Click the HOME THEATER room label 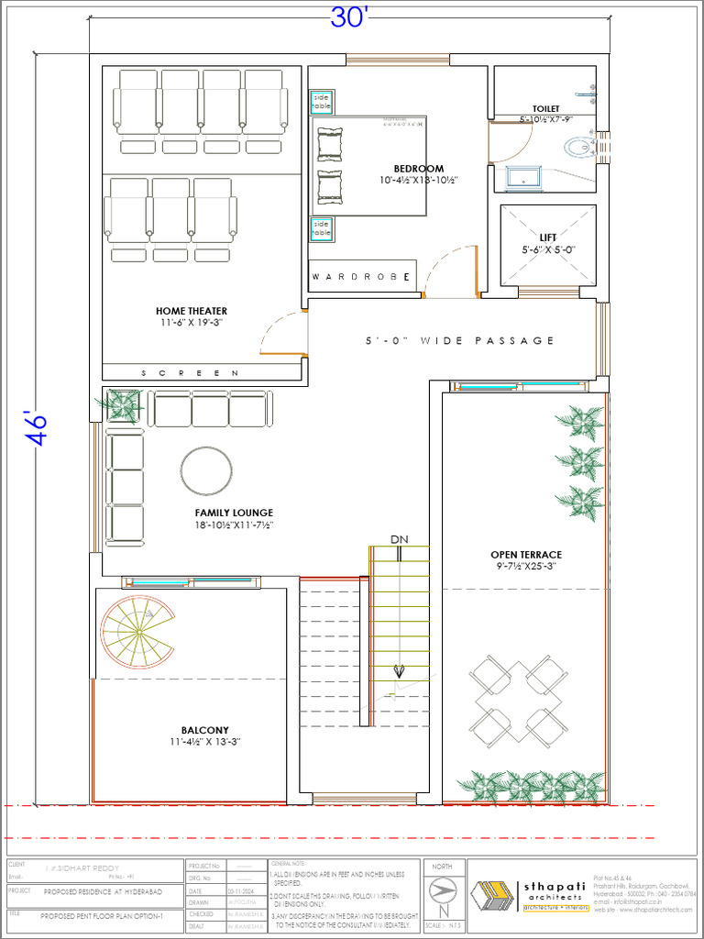coord(191,311)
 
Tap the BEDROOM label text coord(419,169)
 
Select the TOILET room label coord(545,109)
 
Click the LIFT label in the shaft coord(547,238)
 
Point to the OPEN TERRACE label coord(525,555)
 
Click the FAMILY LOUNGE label coord(234,513)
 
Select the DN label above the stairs coord(398,539)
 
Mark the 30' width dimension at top coord(347,19)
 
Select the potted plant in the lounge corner coord(122,403)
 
